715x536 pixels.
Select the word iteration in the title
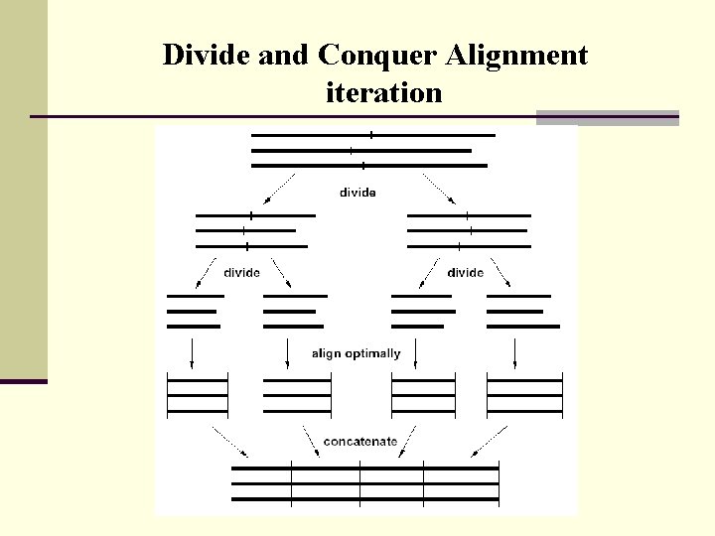pos(383,93)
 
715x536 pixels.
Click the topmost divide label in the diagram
pos(357,193)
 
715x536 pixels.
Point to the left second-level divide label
pos(242,273)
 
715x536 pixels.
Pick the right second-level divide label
pos(465,273)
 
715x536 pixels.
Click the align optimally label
pos(356,353)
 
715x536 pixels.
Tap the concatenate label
pos(360,441)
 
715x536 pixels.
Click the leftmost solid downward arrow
pos(192,352)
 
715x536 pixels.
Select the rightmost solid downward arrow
pos(513,352)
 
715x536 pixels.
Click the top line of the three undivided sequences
pos(373,134)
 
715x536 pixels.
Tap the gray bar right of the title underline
pos(607,117)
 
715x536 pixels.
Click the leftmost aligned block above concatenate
pos(198,395)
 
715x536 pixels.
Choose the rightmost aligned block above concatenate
pos(524,395)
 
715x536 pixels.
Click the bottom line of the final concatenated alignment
pos(364,499)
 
